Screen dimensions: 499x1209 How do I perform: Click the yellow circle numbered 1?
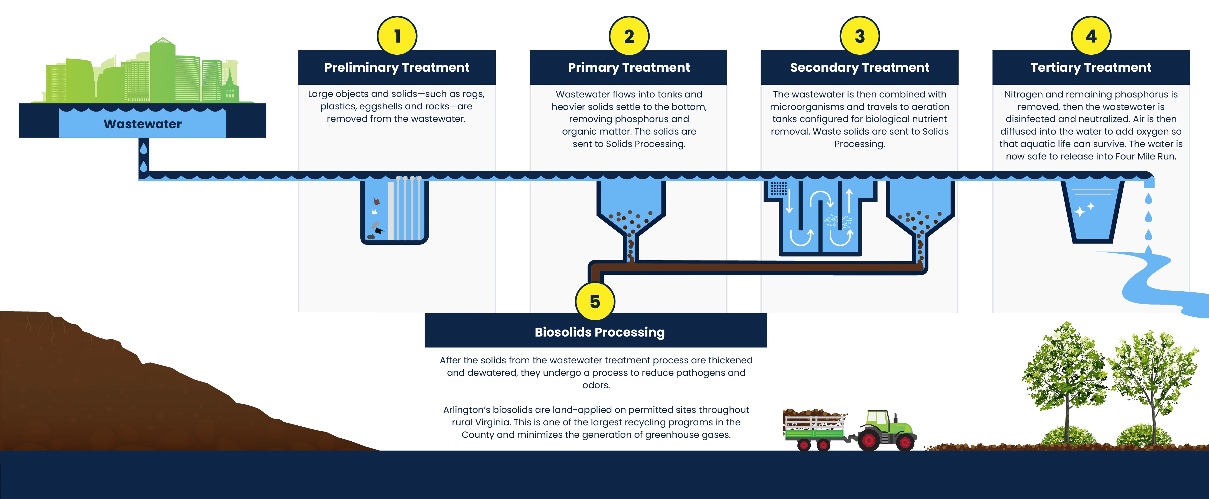pos(397,36)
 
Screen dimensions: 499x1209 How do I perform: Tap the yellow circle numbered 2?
pos(629,36)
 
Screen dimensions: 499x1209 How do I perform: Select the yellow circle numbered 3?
pos(860,36)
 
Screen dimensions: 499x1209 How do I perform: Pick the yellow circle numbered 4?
pos(1091,36)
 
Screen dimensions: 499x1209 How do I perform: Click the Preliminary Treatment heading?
pos(397,68)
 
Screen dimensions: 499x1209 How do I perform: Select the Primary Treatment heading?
pos(629,68)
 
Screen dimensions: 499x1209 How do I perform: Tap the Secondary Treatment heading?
pos(859,68)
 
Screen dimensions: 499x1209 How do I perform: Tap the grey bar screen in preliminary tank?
pos(406,209)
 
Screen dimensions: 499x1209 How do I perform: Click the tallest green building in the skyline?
pos(162,70)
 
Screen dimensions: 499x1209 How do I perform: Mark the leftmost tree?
pos(1065,376)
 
